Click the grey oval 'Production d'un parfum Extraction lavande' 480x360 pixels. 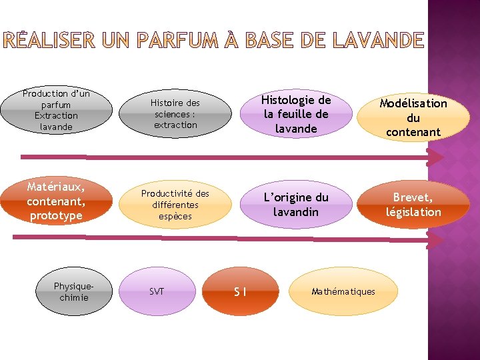tap(56, 110)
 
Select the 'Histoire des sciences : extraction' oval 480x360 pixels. tap(175, 113)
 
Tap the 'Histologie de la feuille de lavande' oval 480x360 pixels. tap(295, 114)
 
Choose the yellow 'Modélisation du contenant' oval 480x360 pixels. tap(413, 117)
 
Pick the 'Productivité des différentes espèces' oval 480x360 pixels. tap(175, 205)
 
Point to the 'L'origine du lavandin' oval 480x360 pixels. tap(295, 204)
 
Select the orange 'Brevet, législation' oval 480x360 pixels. tap(413, 205)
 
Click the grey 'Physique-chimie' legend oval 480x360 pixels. tap(73, 291)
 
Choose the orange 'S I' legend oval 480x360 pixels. tap(241, 291)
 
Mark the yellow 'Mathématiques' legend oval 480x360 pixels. tap(343, 291)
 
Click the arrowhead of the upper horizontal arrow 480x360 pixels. tap(435, 157)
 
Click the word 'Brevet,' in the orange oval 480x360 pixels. tap(413, 197)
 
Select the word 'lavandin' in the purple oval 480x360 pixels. tap(295, 212)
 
